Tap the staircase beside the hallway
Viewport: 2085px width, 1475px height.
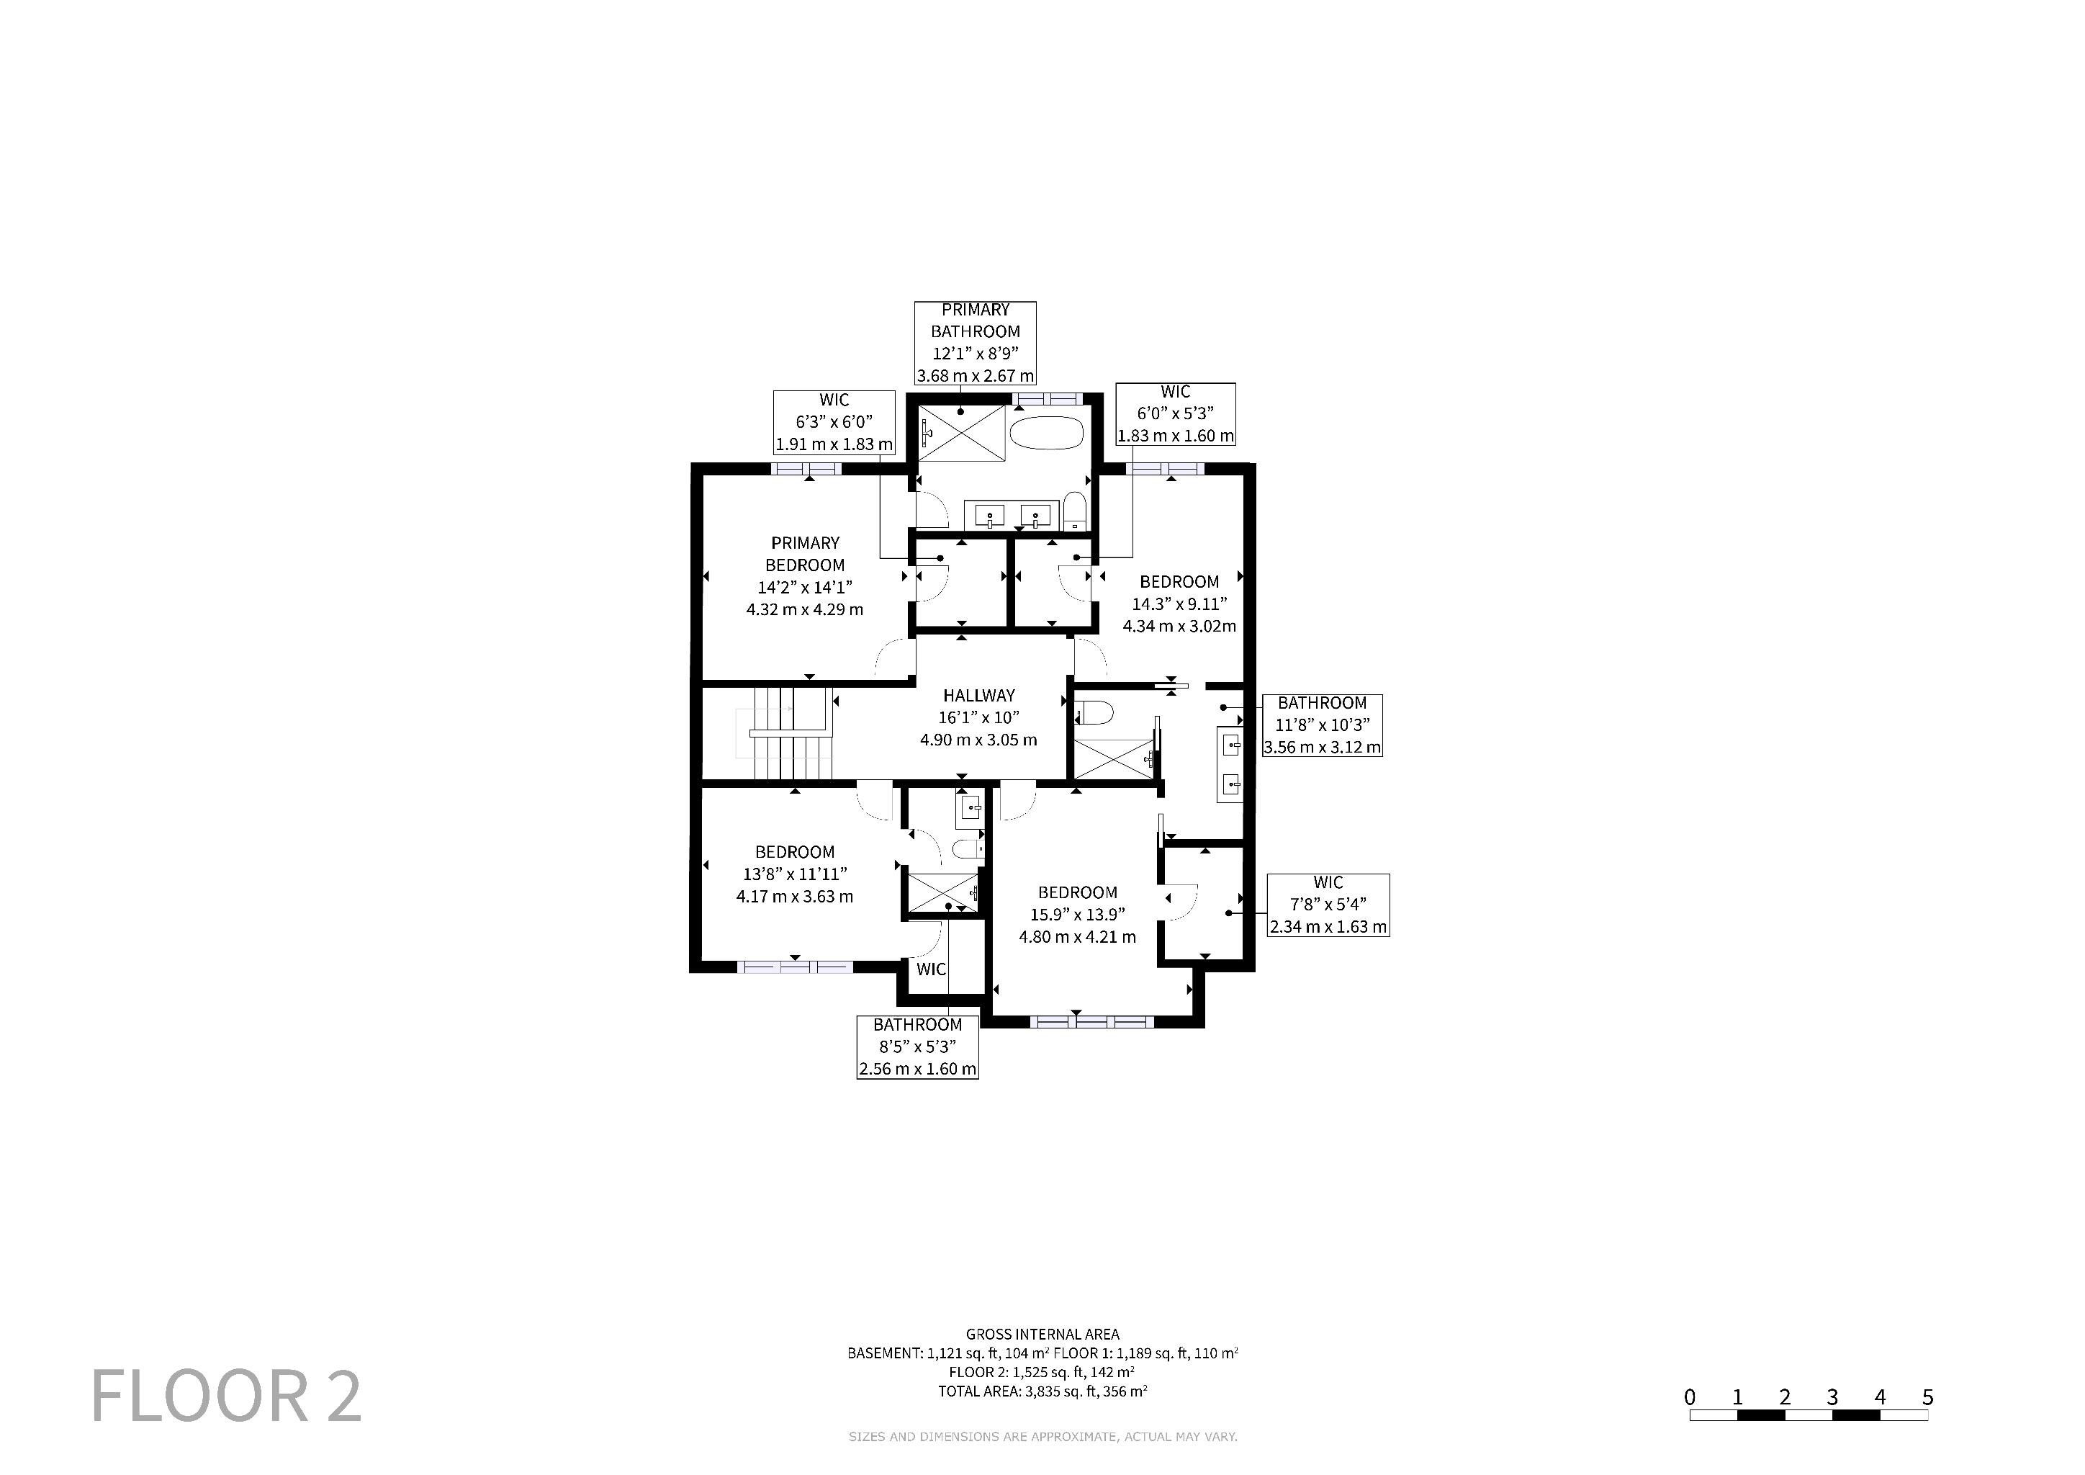(x=788, y=733)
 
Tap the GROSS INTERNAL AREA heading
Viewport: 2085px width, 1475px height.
(x=1042, y=1335)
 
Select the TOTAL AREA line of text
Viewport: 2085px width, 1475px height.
(x=1042, y=1391)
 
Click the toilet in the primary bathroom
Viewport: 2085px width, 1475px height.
(x=1074, y=511)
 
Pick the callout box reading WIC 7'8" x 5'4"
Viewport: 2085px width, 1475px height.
(x=1328, y=905)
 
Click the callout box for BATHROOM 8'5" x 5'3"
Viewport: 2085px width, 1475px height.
(x=917, y=1046)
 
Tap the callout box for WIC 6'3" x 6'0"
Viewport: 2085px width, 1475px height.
(x=834, y=422)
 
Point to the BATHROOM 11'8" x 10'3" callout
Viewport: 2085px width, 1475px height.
(x=1322, y=725)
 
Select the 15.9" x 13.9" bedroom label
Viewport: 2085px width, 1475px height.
(x=1077, y=915)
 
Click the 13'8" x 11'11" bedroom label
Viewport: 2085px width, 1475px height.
(x=795, y=874)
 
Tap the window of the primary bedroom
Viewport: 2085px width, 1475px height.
(x=807, y=469)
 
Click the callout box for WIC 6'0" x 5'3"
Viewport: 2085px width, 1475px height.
(x=1175, y=413)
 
